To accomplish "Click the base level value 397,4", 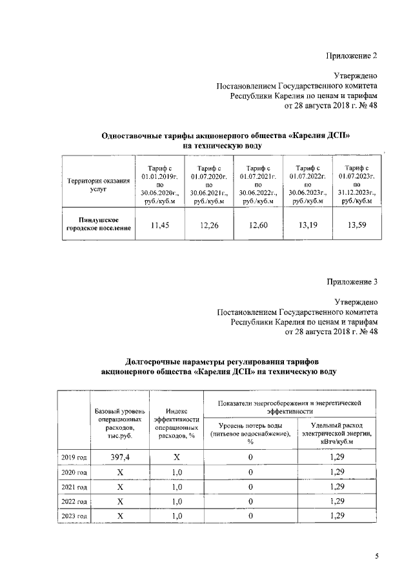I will tap(119, 457).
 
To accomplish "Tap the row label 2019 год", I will tap(74, 458).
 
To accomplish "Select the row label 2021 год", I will tap(74, 487).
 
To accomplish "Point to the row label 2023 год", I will tap(74, 516).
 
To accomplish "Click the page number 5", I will tap(376, 556).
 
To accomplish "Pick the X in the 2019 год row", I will tap(176, 457).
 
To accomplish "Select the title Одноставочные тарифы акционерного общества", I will tap(226, 136).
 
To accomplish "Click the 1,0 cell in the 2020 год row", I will tap(176, 472).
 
